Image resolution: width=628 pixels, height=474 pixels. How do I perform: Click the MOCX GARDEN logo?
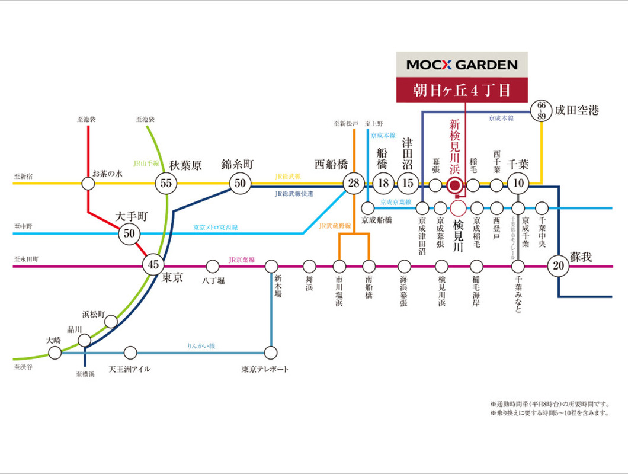tap(462, 65)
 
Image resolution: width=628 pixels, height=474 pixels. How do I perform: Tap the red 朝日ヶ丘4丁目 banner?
tap(462, 91)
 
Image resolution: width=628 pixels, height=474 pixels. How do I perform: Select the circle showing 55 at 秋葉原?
tap(166, 184)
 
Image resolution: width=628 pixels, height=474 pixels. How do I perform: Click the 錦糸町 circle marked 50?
tap(239, 184)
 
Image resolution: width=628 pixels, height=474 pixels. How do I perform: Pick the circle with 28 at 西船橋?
tap(354, 184)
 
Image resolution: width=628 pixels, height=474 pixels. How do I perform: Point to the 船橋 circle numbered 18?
tap(383, 184)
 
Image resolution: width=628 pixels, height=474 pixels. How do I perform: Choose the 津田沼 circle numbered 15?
tap(407, 184)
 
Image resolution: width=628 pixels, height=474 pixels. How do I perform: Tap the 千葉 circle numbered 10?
tap(518, 184)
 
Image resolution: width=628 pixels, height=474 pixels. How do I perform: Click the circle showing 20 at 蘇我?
tap(558, 266)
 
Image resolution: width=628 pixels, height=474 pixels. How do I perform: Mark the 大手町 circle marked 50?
tap(129, 233)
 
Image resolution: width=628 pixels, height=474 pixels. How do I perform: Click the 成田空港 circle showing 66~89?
tap(541, 110)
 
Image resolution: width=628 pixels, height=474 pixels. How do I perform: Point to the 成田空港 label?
tap(577, 110)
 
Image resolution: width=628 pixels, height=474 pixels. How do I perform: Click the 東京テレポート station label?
tap(265, 369)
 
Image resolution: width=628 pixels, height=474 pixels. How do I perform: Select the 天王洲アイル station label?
tap(129, 369)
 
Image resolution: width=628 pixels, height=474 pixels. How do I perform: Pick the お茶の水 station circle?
tap(88, 184)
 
